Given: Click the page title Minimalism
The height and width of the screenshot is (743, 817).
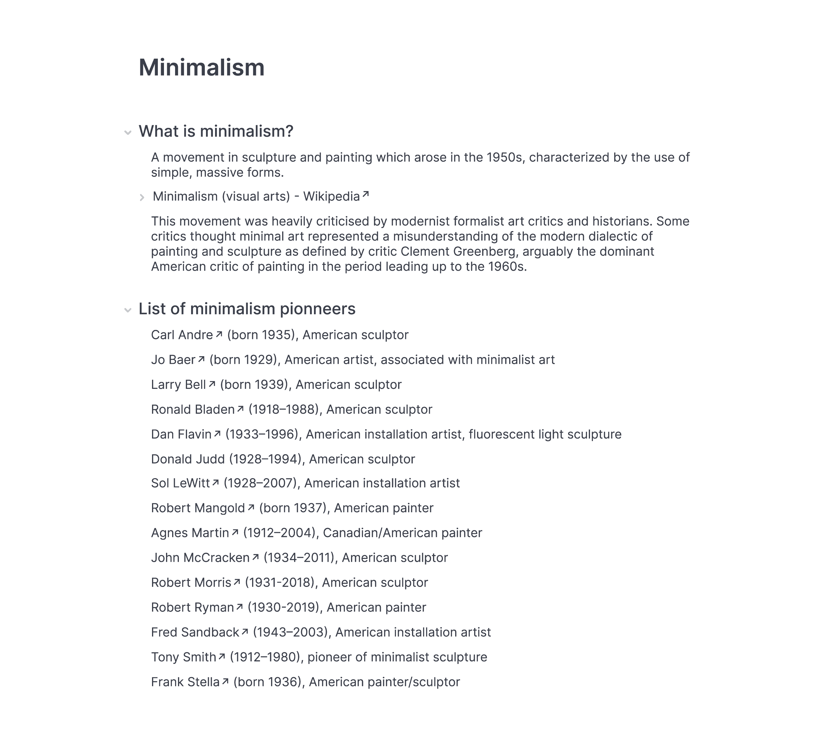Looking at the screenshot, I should (x=201, y=67).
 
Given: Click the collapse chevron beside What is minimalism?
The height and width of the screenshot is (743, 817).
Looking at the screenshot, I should (x=128, y=132).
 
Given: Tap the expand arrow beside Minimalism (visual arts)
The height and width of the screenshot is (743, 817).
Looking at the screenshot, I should (x=142, y=198).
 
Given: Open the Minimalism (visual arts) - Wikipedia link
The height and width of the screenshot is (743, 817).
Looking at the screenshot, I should (x=256, y=197).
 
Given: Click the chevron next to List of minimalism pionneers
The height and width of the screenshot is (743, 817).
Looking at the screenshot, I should (x=128, y=310).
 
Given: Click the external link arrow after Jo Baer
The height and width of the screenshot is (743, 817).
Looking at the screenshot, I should (x=201, y=359).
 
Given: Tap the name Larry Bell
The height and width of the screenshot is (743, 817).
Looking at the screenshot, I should (x=178, y=385).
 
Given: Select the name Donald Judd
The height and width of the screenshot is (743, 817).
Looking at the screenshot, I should (x=188, y=459).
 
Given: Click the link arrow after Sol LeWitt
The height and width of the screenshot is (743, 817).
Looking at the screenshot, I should (x=216, y=482).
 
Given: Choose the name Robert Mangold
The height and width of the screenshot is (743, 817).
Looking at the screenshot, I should (x=198, y=508).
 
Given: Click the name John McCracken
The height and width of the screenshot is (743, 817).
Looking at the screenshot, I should (x=200, y=558).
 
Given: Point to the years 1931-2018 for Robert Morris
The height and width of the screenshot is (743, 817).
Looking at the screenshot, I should (x=280, y=583).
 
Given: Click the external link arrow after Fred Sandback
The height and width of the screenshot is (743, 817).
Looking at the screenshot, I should (x=245, y=632).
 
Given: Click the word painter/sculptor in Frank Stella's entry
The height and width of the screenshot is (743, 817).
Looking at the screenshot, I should (x=413, y=682).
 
